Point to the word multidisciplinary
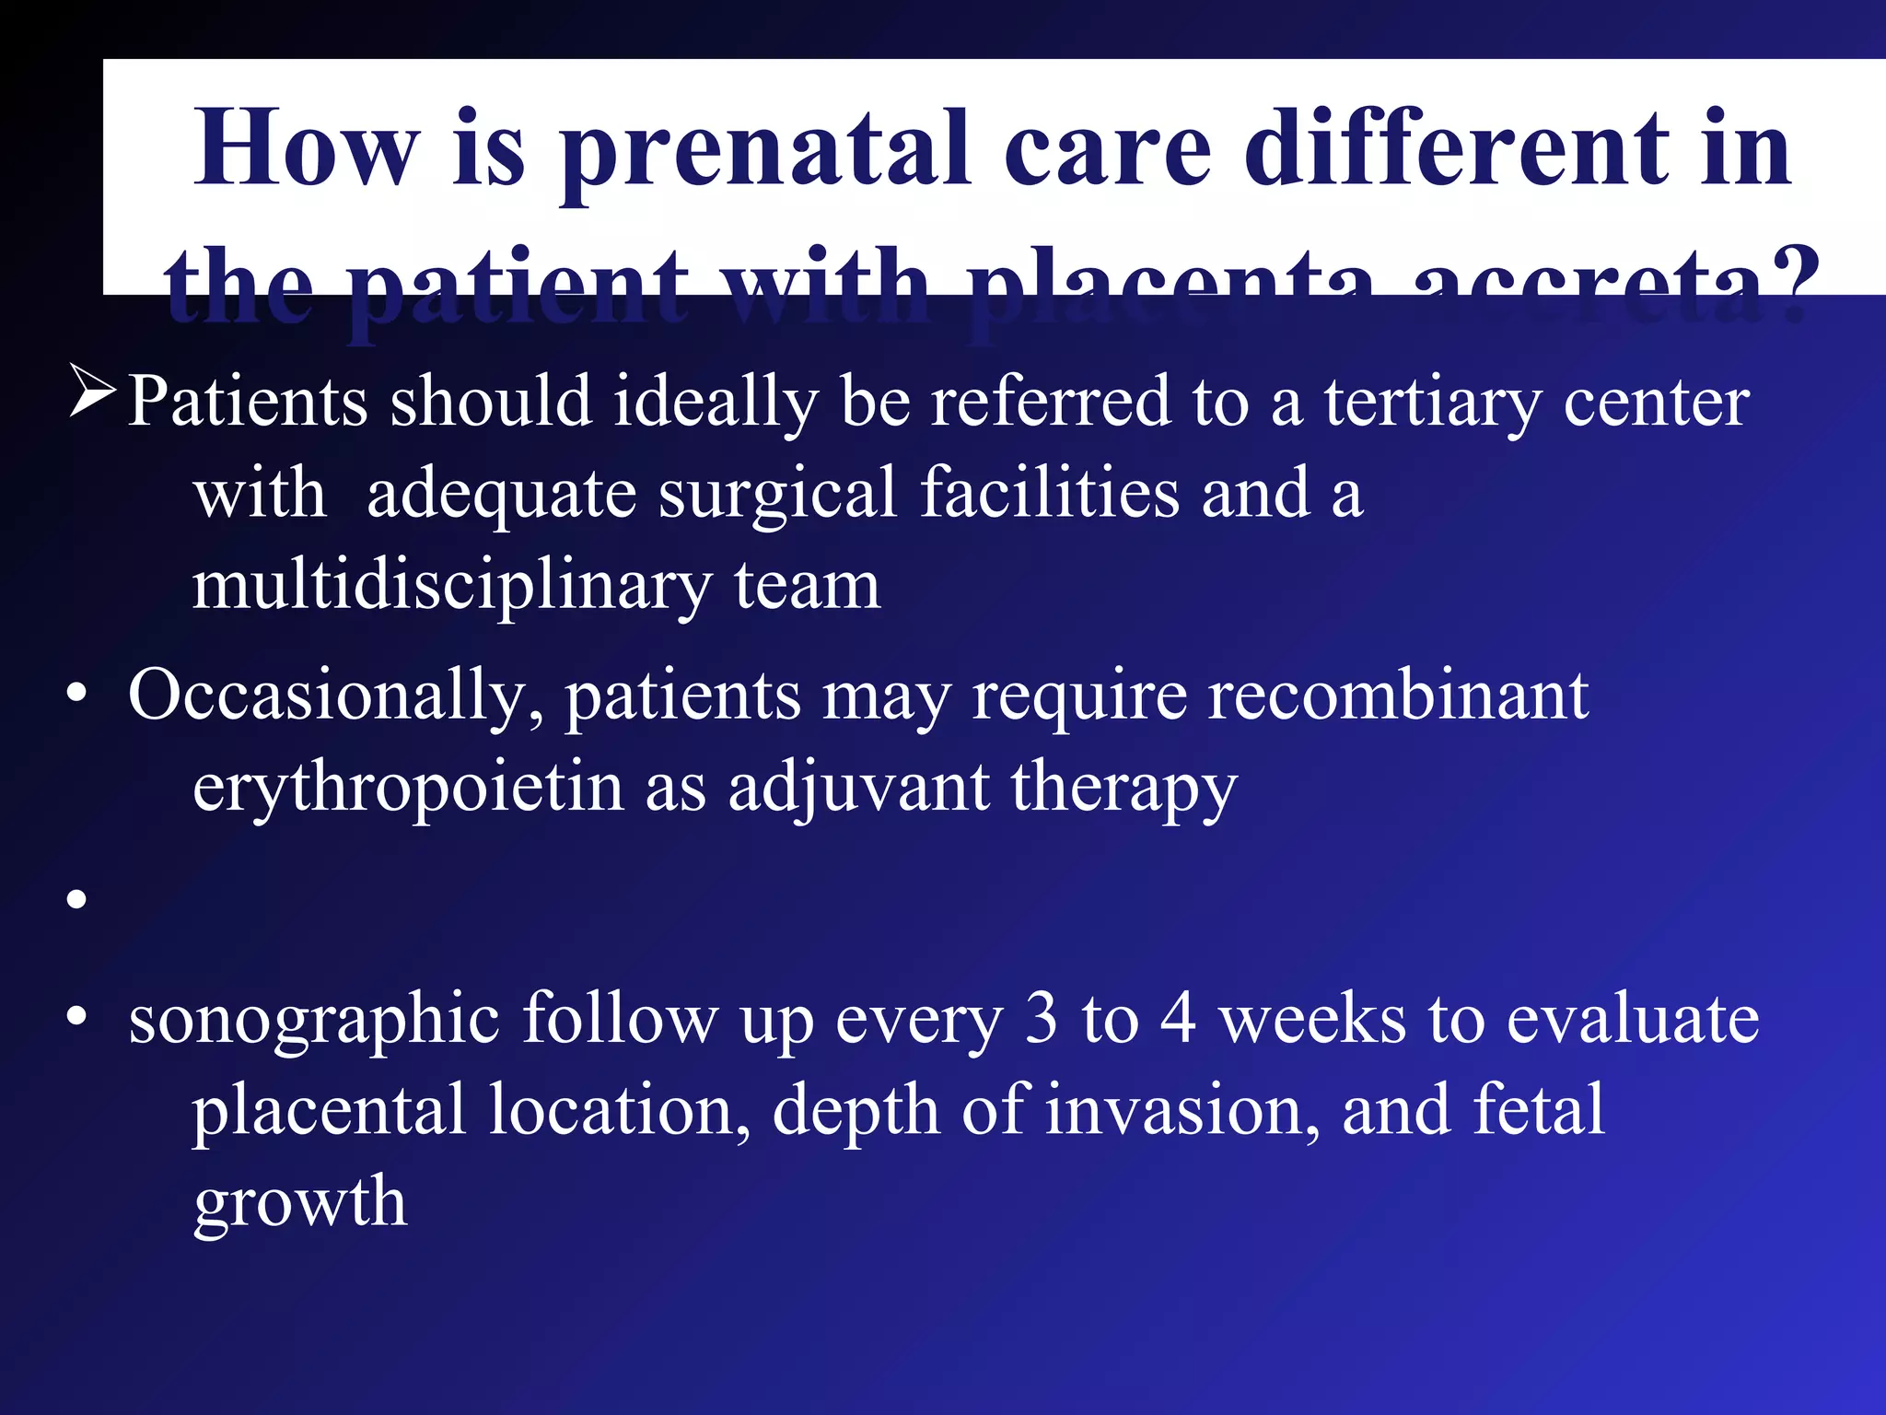pyautogui.click(x=451, y=588)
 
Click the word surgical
pyautogui.click(x=778, y=494)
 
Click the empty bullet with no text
pyautogui.click(x=77, y=899)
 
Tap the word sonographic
pyautogui.click(x=313, y=1021)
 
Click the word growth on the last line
pyautogui.click(x=299, y=1204)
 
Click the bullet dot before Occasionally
pyautogui.click(x=77, y=696)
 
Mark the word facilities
pyautogui.click(x=1050, y=493)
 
